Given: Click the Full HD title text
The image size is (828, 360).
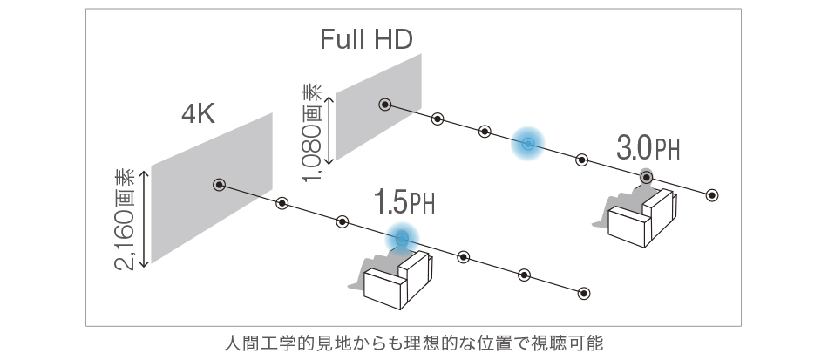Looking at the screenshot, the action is [x=366, y=39].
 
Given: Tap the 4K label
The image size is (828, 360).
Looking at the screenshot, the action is [x=198, y=113].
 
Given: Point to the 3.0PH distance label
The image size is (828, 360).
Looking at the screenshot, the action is [x=648, y=148].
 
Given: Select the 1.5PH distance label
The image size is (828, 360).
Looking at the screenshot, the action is [x=404, y=201].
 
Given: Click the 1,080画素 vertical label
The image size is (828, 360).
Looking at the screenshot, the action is [x=312, y=132].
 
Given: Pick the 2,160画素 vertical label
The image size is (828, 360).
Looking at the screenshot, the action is [x=125, y=219].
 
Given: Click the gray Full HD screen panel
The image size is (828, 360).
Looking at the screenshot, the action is [x=378, y=106].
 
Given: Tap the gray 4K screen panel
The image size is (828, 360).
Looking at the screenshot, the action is [x=212, y=187].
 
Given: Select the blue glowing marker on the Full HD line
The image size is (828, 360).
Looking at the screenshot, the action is [x=527, y=144].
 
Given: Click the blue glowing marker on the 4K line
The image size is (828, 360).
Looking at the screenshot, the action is [x=402, y=239].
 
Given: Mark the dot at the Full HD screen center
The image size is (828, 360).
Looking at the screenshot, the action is [x=385, y=105].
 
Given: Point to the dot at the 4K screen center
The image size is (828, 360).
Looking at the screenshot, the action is [x=219, y=185].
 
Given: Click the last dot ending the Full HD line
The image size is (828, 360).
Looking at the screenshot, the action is [x=712, y=195].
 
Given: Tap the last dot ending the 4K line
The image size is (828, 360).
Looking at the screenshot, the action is [x=583, y=294].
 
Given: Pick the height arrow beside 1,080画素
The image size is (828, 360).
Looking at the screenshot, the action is [x=329, y=131].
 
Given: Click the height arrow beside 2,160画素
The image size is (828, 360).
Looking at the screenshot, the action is [x=144, y=219].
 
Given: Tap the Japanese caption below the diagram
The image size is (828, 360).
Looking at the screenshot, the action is [x=413, y=343].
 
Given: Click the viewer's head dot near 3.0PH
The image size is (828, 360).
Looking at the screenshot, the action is [x=647, y=177].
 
